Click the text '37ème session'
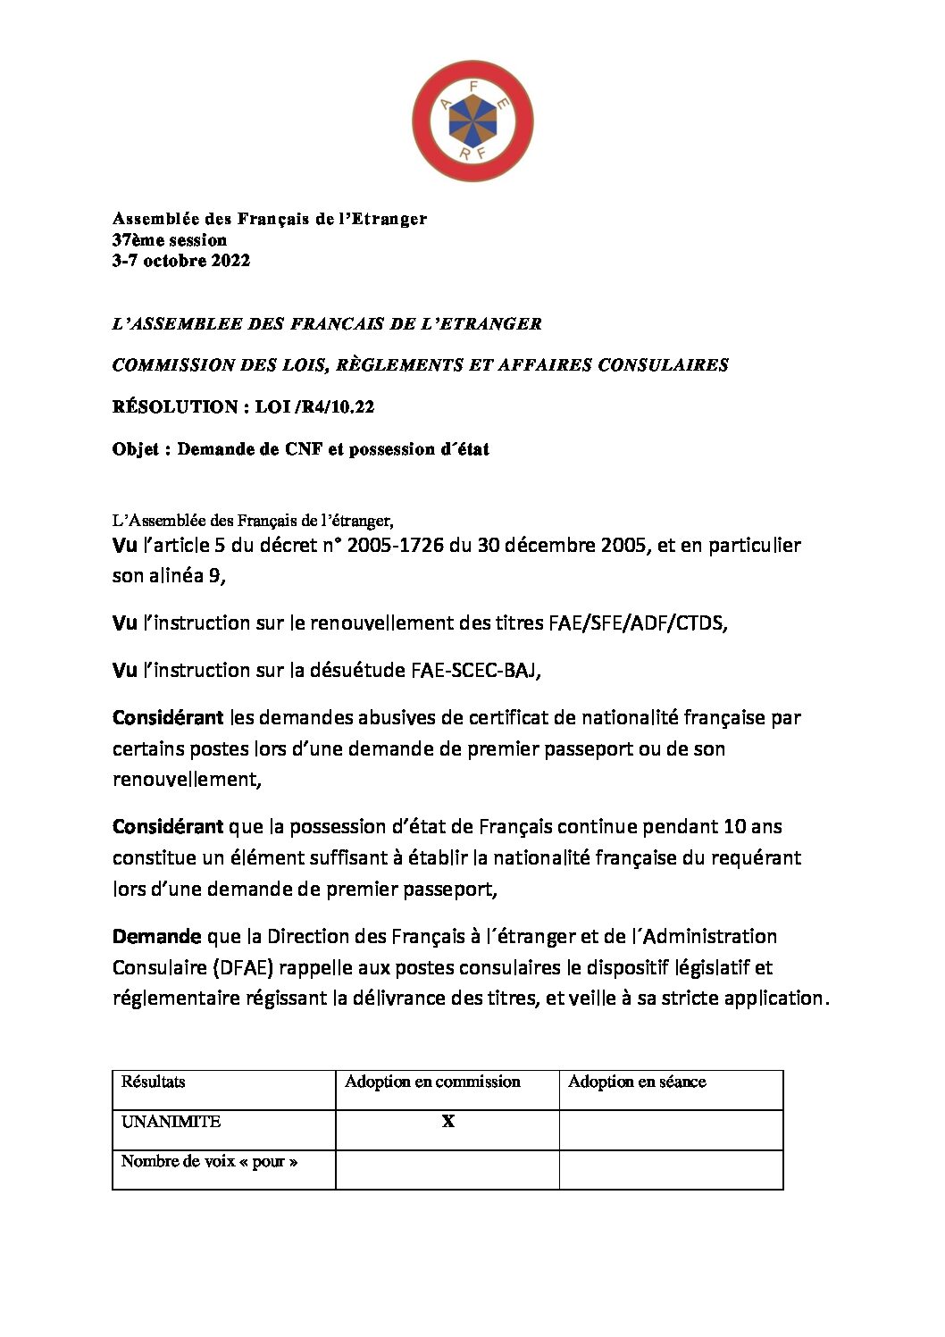click(x=170, y=239)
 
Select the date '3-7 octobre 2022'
click(x=181, y=261)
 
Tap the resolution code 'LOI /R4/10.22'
click(x=314, y=407)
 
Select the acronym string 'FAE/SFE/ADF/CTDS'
click(x=637, y=623)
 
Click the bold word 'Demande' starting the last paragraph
click(x=156, y=937)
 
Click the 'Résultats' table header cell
click(x=154, y=1082)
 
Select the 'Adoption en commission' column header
click(x=432, y=1082)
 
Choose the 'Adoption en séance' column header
click(x=637, y=1082)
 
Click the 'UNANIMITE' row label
click(x=171, y=1122)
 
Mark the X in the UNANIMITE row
click(x=448, y=1122)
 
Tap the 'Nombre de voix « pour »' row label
click(x=209, y=1162)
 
